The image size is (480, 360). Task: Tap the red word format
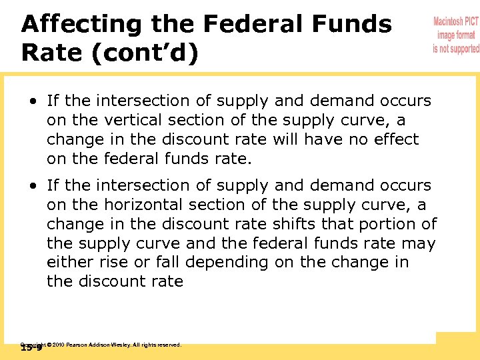pos(465,35)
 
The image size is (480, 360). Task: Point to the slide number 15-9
pos(31,348)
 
